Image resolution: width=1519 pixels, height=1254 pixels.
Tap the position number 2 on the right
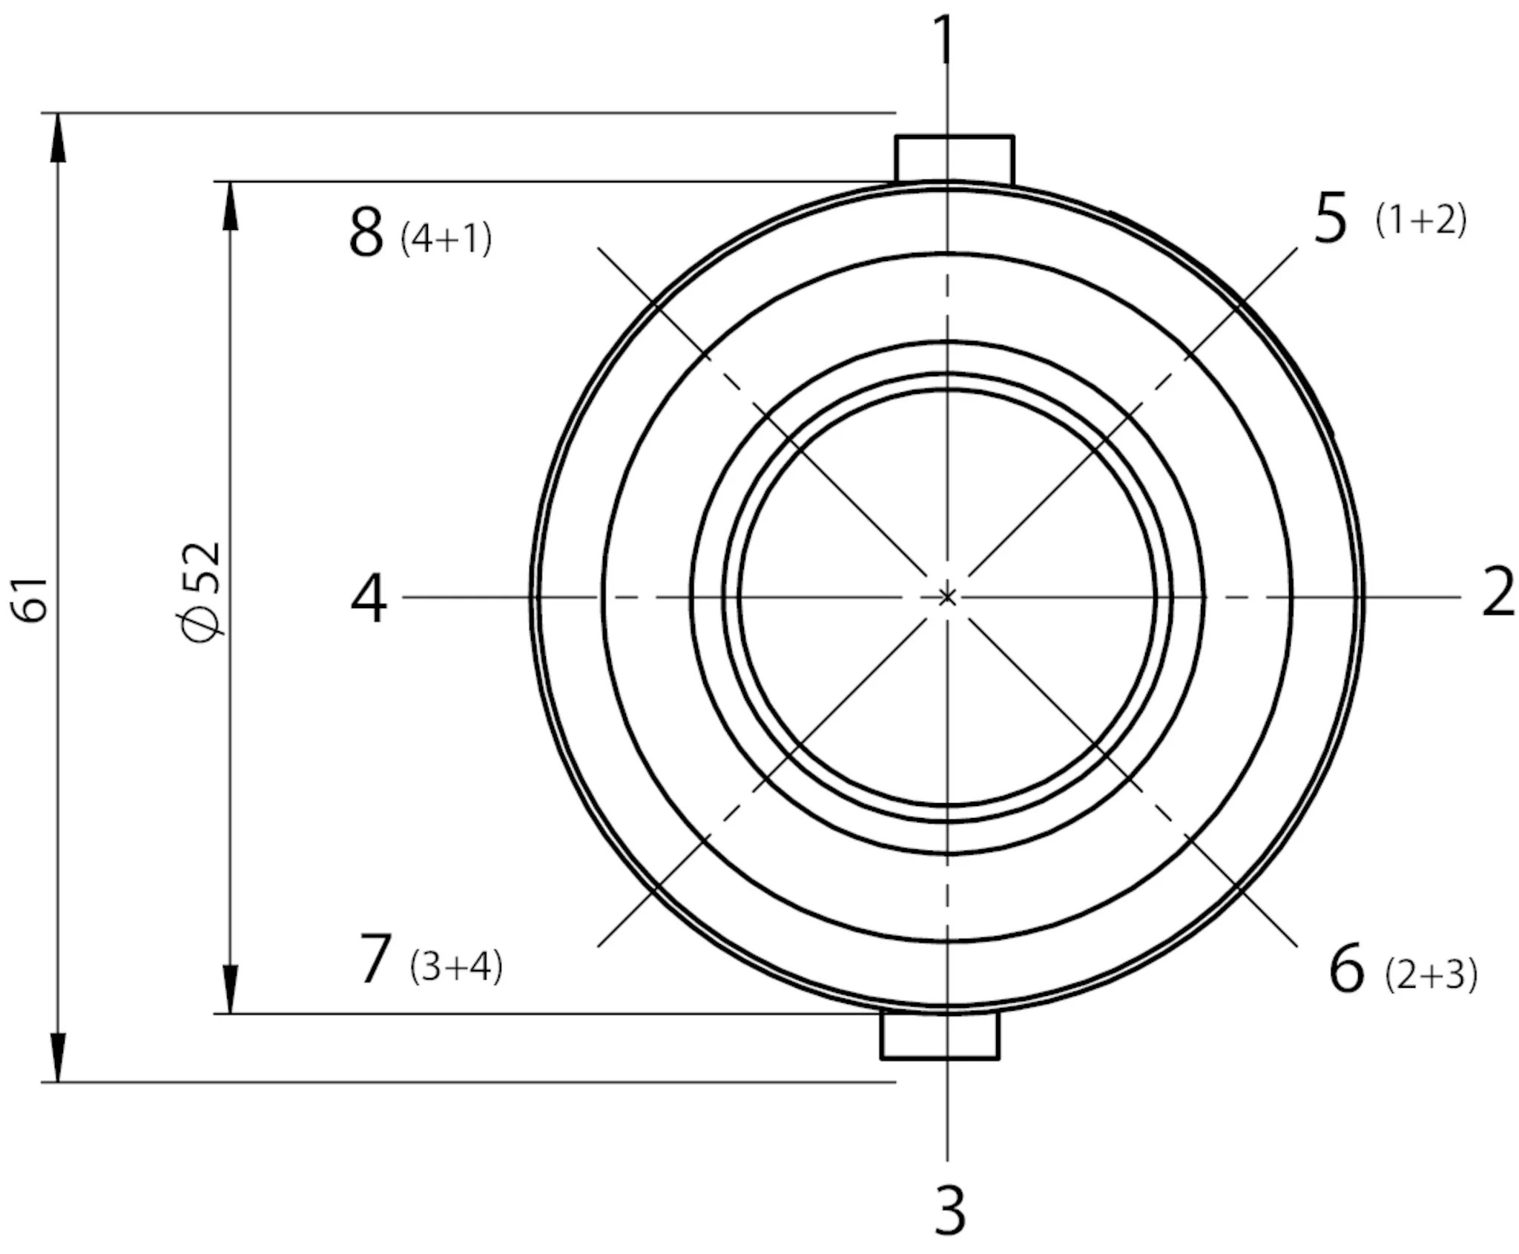click(1497, 591)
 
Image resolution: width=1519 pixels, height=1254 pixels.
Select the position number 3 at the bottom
click(949, 1210)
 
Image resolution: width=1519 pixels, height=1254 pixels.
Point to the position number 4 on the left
click(369, 598)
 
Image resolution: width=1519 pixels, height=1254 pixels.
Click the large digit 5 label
click(1330, 218)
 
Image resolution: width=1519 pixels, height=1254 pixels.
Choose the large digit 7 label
click(375, 959)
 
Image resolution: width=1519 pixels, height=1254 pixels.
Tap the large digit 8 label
click(366, 233)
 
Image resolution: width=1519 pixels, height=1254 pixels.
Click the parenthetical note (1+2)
click(1421, 220)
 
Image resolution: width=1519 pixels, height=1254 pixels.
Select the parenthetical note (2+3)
click(1431, 975)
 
